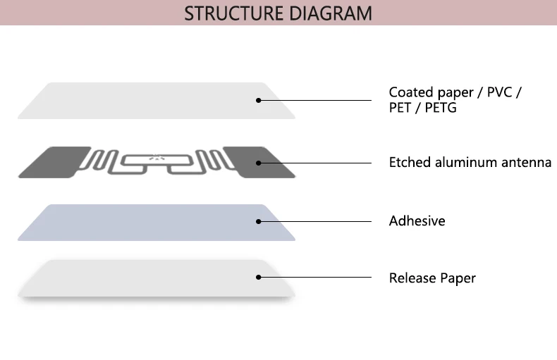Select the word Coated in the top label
(x=411, y=92)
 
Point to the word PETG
(x=441, y=108)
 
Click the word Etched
(x=409, y=163)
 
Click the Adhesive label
(x=417, y=221)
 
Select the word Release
(x=412, y=278)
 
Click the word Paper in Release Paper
(x=458, y=279)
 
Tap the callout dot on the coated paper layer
(x=259, y=100)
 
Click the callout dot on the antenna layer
(x=259, y=163)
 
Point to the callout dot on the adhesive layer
(x=259, y=221)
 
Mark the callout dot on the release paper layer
(x=259, y=278)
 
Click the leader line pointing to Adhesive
(x=317, y=221)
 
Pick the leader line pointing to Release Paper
(x=317, y=278)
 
